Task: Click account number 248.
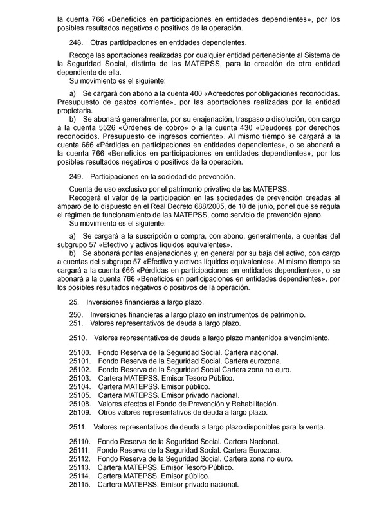coord(75,42)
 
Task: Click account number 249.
coord(75,176)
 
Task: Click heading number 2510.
coord(78,338)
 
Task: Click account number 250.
coord(75,314)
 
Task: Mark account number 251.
coord(75,323)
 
